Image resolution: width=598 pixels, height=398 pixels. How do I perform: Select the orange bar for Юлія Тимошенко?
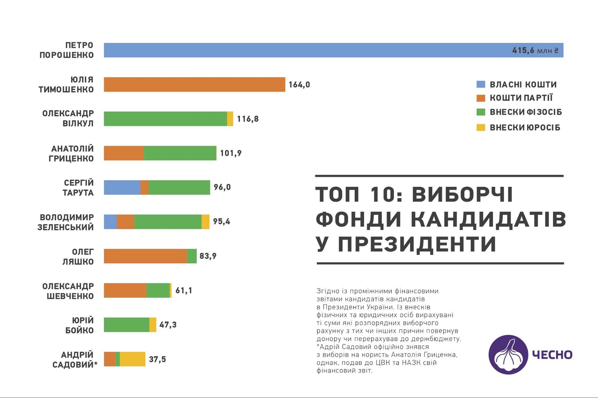(194, 85)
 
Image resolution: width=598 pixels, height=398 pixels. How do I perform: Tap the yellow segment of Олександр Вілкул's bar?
(230, 119)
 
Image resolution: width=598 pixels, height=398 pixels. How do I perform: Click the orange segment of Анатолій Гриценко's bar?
(124, 153)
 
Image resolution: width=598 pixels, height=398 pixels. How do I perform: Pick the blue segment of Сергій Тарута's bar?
(122, 187)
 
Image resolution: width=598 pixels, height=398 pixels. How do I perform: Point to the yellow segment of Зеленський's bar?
(206, 222)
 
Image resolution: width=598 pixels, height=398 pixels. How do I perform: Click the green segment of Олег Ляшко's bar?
(192, 256)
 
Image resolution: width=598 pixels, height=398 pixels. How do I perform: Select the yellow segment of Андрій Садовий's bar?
(133, 359)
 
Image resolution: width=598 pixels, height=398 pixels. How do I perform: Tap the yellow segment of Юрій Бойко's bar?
(153, 325)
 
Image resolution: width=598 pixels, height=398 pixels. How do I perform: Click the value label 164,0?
(299, 85)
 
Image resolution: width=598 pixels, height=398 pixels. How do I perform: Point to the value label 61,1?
(184, 290)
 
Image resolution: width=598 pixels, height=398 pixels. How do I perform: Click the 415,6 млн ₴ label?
(535, 50)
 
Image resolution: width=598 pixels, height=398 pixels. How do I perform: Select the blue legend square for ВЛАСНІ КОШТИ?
(481, 84)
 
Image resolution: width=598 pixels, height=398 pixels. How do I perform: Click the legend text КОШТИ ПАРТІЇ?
(521, 98)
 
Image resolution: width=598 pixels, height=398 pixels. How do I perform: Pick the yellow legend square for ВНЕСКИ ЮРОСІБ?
(481, 127)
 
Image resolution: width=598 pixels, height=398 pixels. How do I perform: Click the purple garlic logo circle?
(508, 354)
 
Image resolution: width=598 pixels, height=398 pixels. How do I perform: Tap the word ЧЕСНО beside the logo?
(552, 355)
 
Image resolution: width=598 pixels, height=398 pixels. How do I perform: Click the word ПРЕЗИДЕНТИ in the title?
(417, 244)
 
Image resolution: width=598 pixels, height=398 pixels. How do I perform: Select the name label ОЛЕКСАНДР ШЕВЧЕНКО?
(68, 291)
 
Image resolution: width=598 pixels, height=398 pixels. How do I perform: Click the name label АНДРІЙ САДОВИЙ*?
(75, 360)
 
